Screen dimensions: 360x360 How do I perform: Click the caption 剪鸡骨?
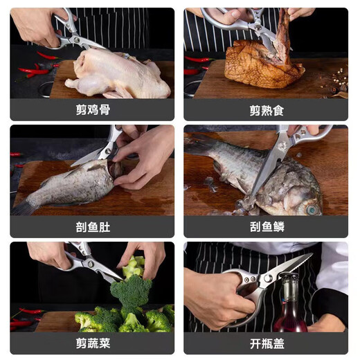coord(92,110)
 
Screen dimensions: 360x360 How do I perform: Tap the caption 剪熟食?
coord(266,110)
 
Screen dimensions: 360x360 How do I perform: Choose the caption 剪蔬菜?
coord(92,343)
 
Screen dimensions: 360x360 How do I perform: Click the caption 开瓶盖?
coord(266,343)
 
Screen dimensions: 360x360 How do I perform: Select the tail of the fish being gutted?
coord(25,205)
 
